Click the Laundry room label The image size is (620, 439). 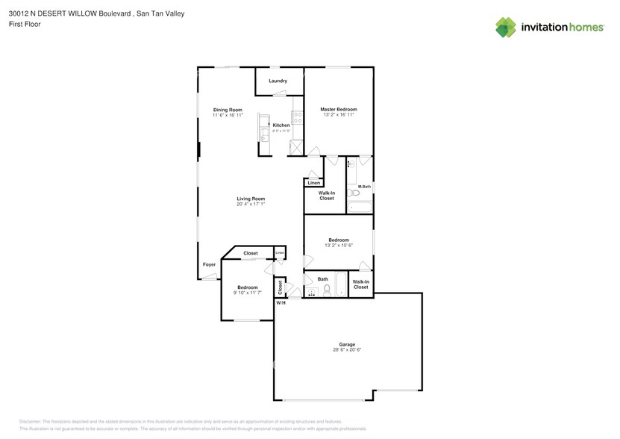coord(278,81)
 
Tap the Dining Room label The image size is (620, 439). coord(228,110)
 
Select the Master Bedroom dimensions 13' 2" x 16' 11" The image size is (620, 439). coord(338,115)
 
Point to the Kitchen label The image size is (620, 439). coord(281,125)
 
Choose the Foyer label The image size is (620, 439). coord(209,265)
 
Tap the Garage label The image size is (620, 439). coord(348,344)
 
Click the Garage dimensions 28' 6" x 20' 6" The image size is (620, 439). coord(348,350)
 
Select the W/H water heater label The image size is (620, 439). coord(281,302)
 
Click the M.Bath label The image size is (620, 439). coord(365,186)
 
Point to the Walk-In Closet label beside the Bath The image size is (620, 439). coord(361,284)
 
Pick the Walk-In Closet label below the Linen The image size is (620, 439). coord(327,196)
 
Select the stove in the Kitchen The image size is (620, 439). coord(298,117)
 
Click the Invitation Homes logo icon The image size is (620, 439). coord(507,27)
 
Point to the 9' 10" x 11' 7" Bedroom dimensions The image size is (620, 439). coord(247,293)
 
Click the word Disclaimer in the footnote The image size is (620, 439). coord(30,422)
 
